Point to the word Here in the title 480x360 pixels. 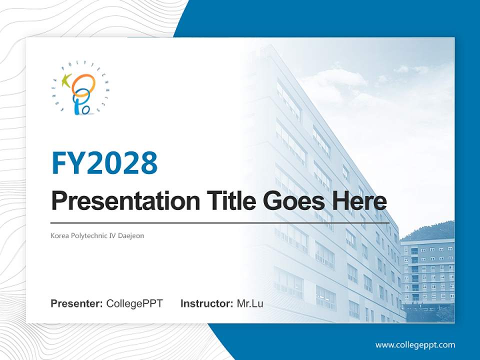[360, 201]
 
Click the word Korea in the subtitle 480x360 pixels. [59, 235]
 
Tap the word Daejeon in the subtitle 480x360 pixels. [131, 235]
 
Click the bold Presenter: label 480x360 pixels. [77, 303]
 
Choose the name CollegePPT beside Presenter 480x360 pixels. [134, 303]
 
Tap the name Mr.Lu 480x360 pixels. [249, 303]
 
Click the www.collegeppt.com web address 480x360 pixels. [415, 344]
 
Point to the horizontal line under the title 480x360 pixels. [220, 222]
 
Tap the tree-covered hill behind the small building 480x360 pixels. [432, 231]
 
